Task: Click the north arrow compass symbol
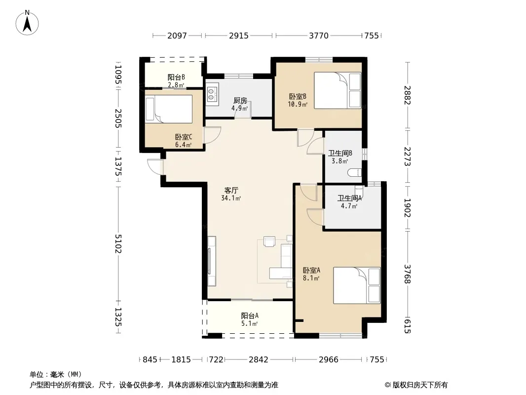27,23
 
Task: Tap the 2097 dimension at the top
177,36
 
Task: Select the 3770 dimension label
319,36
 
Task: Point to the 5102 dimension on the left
118,243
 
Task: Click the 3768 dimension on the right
407,274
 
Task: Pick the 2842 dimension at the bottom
258,360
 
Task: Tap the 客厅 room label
231,190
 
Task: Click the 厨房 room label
240,100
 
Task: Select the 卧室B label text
298,97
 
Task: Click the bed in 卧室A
357,285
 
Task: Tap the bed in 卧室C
169,109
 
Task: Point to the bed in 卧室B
338,90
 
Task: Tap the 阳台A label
250,316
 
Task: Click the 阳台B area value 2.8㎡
176,85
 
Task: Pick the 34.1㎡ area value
231,198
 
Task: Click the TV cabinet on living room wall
211,261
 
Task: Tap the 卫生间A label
349,198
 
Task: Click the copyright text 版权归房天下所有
420,385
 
